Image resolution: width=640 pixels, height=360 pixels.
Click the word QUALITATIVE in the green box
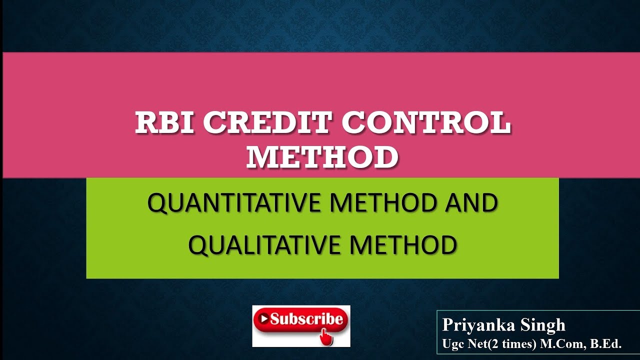click(265, 245)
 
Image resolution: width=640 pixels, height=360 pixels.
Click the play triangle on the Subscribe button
click(263, 318)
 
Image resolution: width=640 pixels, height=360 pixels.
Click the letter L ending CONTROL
click(502, 123)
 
